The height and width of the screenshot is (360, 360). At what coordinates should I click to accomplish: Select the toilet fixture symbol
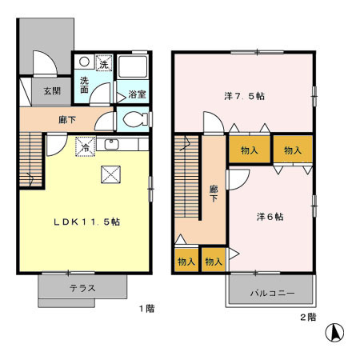(x=133, y=120)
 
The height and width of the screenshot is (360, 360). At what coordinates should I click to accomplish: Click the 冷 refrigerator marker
(x=82, y=146)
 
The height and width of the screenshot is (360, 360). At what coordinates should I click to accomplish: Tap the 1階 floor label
(x=145, y=308)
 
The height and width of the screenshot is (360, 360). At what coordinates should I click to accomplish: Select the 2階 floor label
(x=308, y=317)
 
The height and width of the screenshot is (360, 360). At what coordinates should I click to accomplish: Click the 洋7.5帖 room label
(x=245, y=95)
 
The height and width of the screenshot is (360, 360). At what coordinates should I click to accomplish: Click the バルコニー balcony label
(x=272, y=294)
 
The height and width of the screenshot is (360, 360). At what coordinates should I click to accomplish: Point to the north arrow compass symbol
(x=338, y=330)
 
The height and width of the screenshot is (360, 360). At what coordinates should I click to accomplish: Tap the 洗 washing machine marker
(x=102, y=62)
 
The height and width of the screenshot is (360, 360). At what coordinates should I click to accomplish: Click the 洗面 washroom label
(x=84, y=85)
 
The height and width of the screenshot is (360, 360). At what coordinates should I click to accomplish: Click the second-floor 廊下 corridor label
(x=214, y=194)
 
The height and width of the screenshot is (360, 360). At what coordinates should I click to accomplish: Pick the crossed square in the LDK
(x=110, y=175)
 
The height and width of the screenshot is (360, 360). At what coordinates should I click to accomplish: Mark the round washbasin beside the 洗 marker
(x=84, y=62)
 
